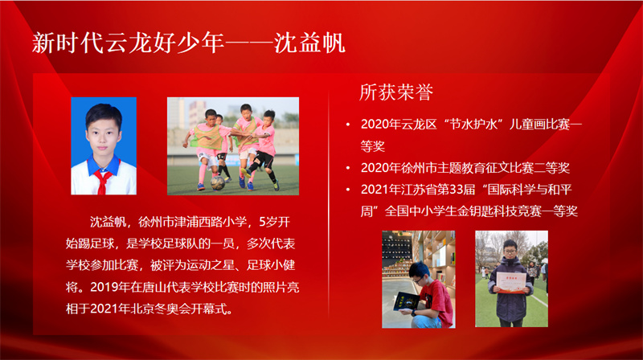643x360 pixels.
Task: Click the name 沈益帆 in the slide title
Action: click(x=309, y=43)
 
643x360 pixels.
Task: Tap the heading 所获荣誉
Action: click(x=396, y=92)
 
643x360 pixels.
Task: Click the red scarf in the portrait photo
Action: click(x=102, y=181)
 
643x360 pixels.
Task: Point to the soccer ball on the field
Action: click(x=217, y=183)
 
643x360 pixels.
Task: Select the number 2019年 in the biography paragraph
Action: click(x=110, y=287)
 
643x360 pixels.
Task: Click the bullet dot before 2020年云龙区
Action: click(x=348, y=125)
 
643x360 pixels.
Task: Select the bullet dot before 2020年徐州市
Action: click(x=348, y=168)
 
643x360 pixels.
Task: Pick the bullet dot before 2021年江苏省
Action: click(x=348, y=190)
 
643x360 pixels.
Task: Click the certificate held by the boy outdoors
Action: click(x=511, y=283)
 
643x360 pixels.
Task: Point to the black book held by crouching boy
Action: click(x=406, y=302)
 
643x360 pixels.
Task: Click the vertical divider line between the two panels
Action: click(x=329, y=204)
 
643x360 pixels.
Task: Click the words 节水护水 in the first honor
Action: click(x=473, y=125)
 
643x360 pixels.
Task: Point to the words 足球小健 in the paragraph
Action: click(x=271, y=265)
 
